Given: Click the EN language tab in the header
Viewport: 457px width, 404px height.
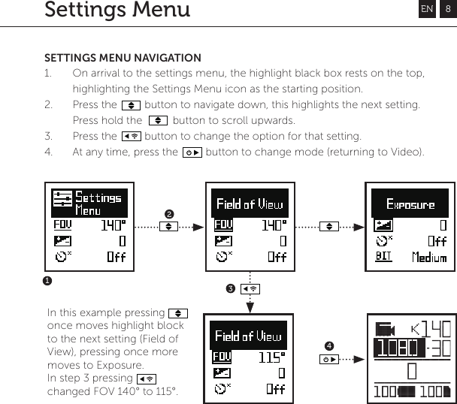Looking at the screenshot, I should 427,9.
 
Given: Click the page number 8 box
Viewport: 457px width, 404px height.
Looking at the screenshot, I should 447,9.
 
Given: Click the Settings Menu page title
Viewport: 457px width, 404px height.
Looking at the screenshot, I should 117,11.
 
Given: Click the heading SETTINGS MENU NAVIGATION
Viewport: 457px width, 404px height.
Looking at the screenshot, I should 123,58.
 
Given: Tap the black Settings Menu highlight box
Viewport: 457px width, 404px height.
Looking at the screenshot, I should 88,204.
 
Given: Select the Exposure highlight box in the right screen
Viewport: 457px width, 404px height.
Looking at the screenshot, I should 410,204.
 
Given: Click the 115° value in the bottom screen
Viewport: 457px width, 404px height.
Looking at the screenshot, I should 272,357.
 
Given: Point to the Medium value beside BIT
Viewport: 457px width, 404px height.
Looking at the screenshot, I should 429,258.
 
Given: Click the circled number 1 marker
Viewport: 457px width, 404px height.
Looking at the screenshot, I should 46,280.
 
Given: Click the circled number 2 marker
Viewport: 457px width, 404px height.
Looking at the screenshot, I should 169,215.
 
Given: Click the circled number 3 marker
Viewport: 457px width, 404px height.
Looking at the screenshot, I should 232,288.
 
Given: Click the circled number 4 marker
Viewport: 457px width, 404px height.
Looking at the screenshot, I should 329,345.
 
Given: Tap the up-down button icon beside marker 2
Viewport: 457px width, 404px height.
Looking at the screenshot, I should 169,225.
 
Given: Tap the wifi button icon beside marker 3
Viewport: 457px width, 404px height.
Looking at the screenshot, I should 251,288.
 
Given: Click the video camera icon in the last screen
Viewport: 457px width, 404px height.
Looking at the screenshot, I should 386,329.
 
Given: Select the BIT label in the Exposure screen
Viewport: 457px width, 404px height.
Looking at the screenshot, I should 383,257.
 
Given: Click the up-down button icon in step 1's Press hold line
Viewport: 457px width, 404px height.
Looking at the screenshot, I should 158,120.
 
